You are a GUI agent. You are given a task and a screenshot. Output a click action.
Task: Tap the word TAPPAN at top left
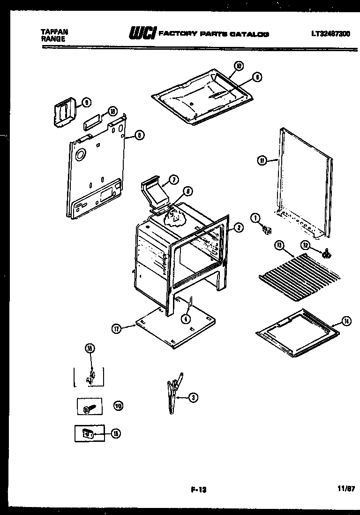point(54,32)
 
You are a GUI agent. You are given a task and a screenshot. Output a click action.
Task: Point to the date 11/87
point(346,489)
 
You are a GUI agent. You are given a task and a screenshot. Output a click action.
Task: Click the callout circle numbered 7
point(173,180)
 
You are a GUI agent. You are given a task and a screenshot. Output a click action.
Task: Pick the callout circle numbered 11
point(262,161)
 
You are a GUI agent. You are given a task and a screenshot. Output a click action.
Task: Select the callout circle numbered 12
point(305,245)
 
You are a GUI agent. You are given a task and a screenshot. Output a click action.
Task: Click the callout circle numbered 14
point(346,322)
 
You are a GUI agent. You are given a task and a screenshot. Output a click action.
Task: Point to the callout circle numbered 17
point(117,329)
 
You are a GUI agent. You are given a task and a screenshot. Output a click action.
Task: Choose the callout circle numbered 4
point(187,318)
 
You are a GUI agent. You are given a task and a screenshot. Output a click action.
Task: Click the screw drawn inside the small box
point(89,409)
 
